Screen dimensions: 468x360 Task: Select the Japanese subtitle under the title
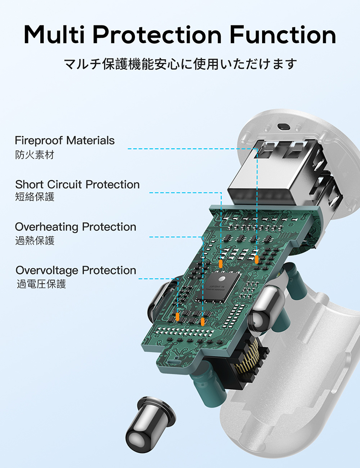click(x=180, y=64)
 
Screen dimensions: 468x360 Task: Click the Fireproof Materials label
click(x=65, y=141)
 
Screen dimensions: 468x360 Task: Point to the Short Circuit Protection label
click(x=77, y=184)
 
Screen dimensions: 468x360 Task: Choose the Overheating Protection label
click(x=75, y=227)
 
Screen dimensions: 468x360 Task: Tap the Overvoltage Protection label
click(x=76, y=270)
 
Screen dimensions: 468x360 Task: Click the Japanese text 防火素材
click(x=35, y=155)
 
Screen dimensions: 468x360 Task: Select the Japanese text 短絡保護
click(x=35, y=197)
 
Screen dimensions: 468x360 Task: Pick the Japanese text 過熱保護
click(x=35, y=240)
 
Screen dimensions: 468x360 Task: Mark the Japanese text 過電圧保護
click(x=41, y=284)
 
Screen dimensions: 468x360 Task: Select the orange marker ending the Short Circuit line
click(x=221, y=264)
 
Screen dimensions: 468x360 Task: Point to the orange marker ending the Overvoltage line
click(x=178, y=317)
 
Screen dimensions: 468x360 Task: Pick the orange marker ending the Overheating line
click(x=203, y=320)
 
